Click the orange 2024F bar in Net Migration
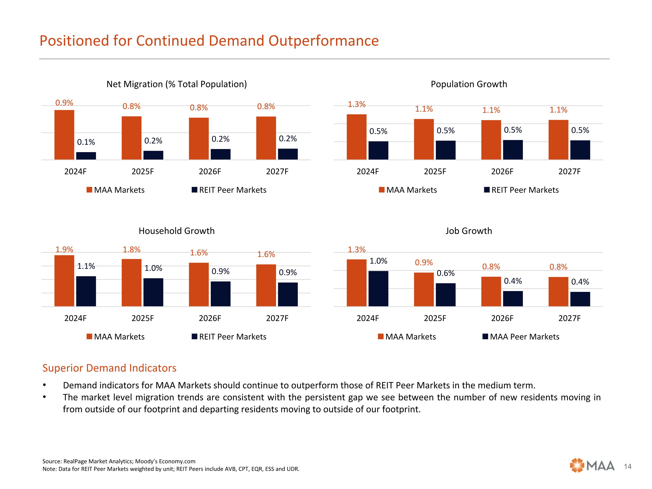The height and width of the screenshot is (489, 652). [64, 135]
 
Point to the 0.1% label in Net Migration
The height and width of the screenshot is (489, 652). [86, 142]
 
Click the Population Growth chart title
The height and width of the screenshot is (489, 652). [469, 84]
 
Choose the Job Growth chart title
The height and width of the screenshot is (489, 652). [469, 231]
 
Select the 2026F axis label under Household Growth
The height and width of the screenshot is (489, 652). [210, 318]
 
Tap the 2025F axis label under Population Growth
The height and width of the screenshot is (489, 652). [435, 171]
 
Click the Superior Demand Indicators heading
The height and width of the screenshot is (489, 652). [109, 368]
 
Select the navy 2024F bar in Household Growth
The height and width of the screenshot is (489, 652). [86, 291]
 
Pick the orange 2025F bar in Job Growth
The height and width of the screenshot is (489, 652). [424, 289]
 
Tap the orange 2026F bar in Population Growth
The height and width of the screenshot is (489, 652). [491, 140]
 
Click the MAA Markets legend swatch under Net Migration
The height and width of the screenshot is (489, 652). [89, 190]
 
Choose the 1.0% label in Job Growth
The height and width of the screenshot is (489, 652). [378, 261]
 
